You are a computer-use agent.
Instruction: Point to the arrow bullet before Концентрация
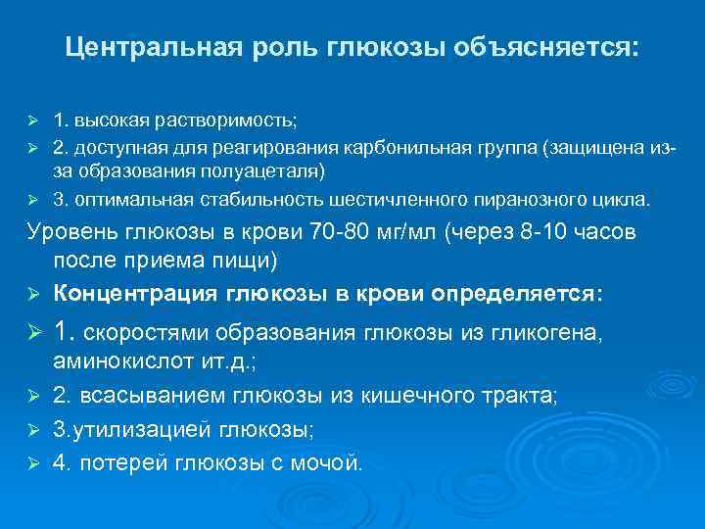coord(32,295)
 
